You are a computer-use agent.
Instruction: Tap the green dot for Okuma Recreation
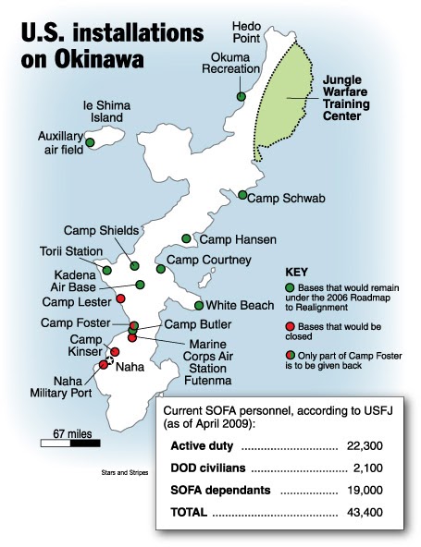coord(241,96)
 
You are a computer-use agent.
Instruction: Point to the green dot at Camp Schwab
coord(241,195)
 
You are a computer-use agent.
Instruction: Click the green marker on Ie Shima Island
coord(90,142)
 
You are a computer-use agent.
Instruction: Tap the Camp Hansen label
coord(238,239)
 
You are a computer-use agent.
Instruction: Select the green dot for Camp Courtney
coord(161,269)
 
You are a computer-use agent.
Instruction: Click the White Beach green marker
coord(199,305)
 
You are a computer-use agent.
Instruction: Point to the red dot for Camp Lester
coord(121,298)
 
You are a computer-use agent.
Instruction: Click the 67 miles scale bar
coord(70,444)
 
